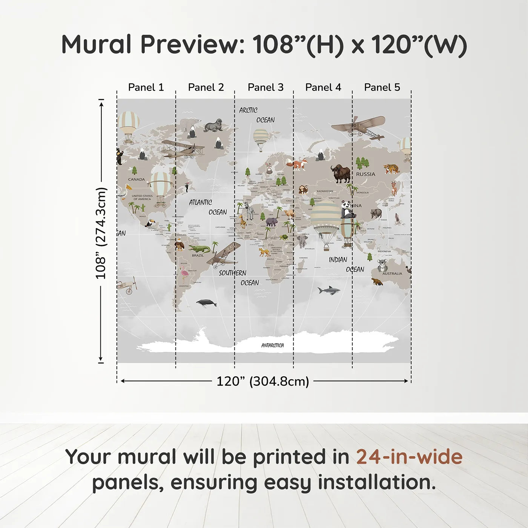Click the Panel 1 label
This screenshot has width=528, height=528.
coord(146,87)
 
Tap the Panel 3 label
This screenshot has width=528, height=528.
coord(266,87)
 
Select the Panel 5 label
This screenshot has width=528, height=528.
coord(382,87)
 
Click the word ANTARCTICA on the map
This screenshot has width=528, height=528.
coord(272,345)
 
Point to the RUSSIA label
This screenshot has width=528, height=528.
coord(365,174)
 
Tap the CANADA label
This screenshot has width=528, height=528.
coord(137,179)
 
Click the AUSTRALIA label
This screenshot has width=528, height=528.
coord(392,273)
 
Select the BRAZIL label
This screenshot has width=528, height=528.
coord(198,255)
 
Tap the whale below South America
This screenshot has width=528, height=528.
coord(206,302)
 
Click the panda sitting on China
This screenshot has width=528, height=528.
coord(347,210)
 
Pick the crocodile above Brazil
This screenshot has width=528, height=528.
coord(199,249)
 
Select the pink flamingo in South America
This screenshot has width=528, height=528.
coord(184,274)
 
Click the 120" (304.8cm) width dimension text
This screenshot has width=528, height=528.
coord(262,381)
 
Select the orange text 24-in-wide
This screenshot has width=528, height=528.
coord(409,457)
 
